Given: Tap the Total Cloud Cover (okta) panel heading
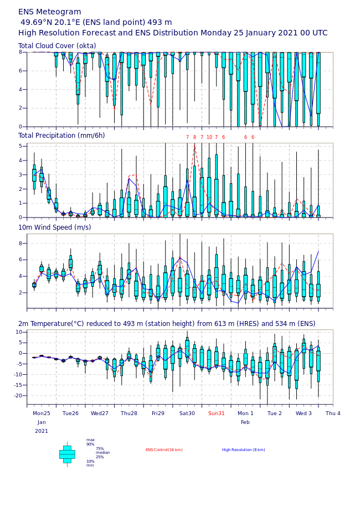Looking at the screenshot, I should coord(57,46).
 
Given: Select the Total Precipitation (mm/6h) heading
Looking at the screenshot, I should coord(61,136).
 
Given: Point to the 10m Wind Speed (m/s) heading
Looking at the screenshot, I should coord(55,227).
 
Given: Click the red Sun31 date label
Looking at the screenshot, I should coord(217,413).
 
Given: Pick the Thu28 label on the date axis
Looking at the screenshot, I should coord(129,413).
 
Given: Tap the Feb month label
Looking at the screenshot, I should coord(245,422).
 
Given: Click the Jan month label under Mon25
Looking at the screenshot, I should coord(42,422).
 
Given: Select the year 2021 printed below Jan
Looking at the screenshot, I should coord(42,431).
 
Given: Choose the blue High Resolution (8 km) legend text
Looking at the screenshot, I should coord(244,450).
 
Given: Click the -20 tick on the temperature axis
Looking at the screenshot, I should coord(18,396).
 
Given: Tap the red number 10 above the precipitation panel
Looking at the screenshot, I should coord(209,137).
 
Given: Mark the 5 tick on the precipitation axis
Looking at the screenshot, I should coord(21,147).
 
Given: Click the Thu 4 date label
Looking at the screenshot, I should coord(333,413).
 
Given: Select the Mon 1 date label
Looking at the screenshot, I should coord(245,413).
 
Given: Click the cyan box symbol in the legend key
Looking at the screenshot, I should coord(67,454).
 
